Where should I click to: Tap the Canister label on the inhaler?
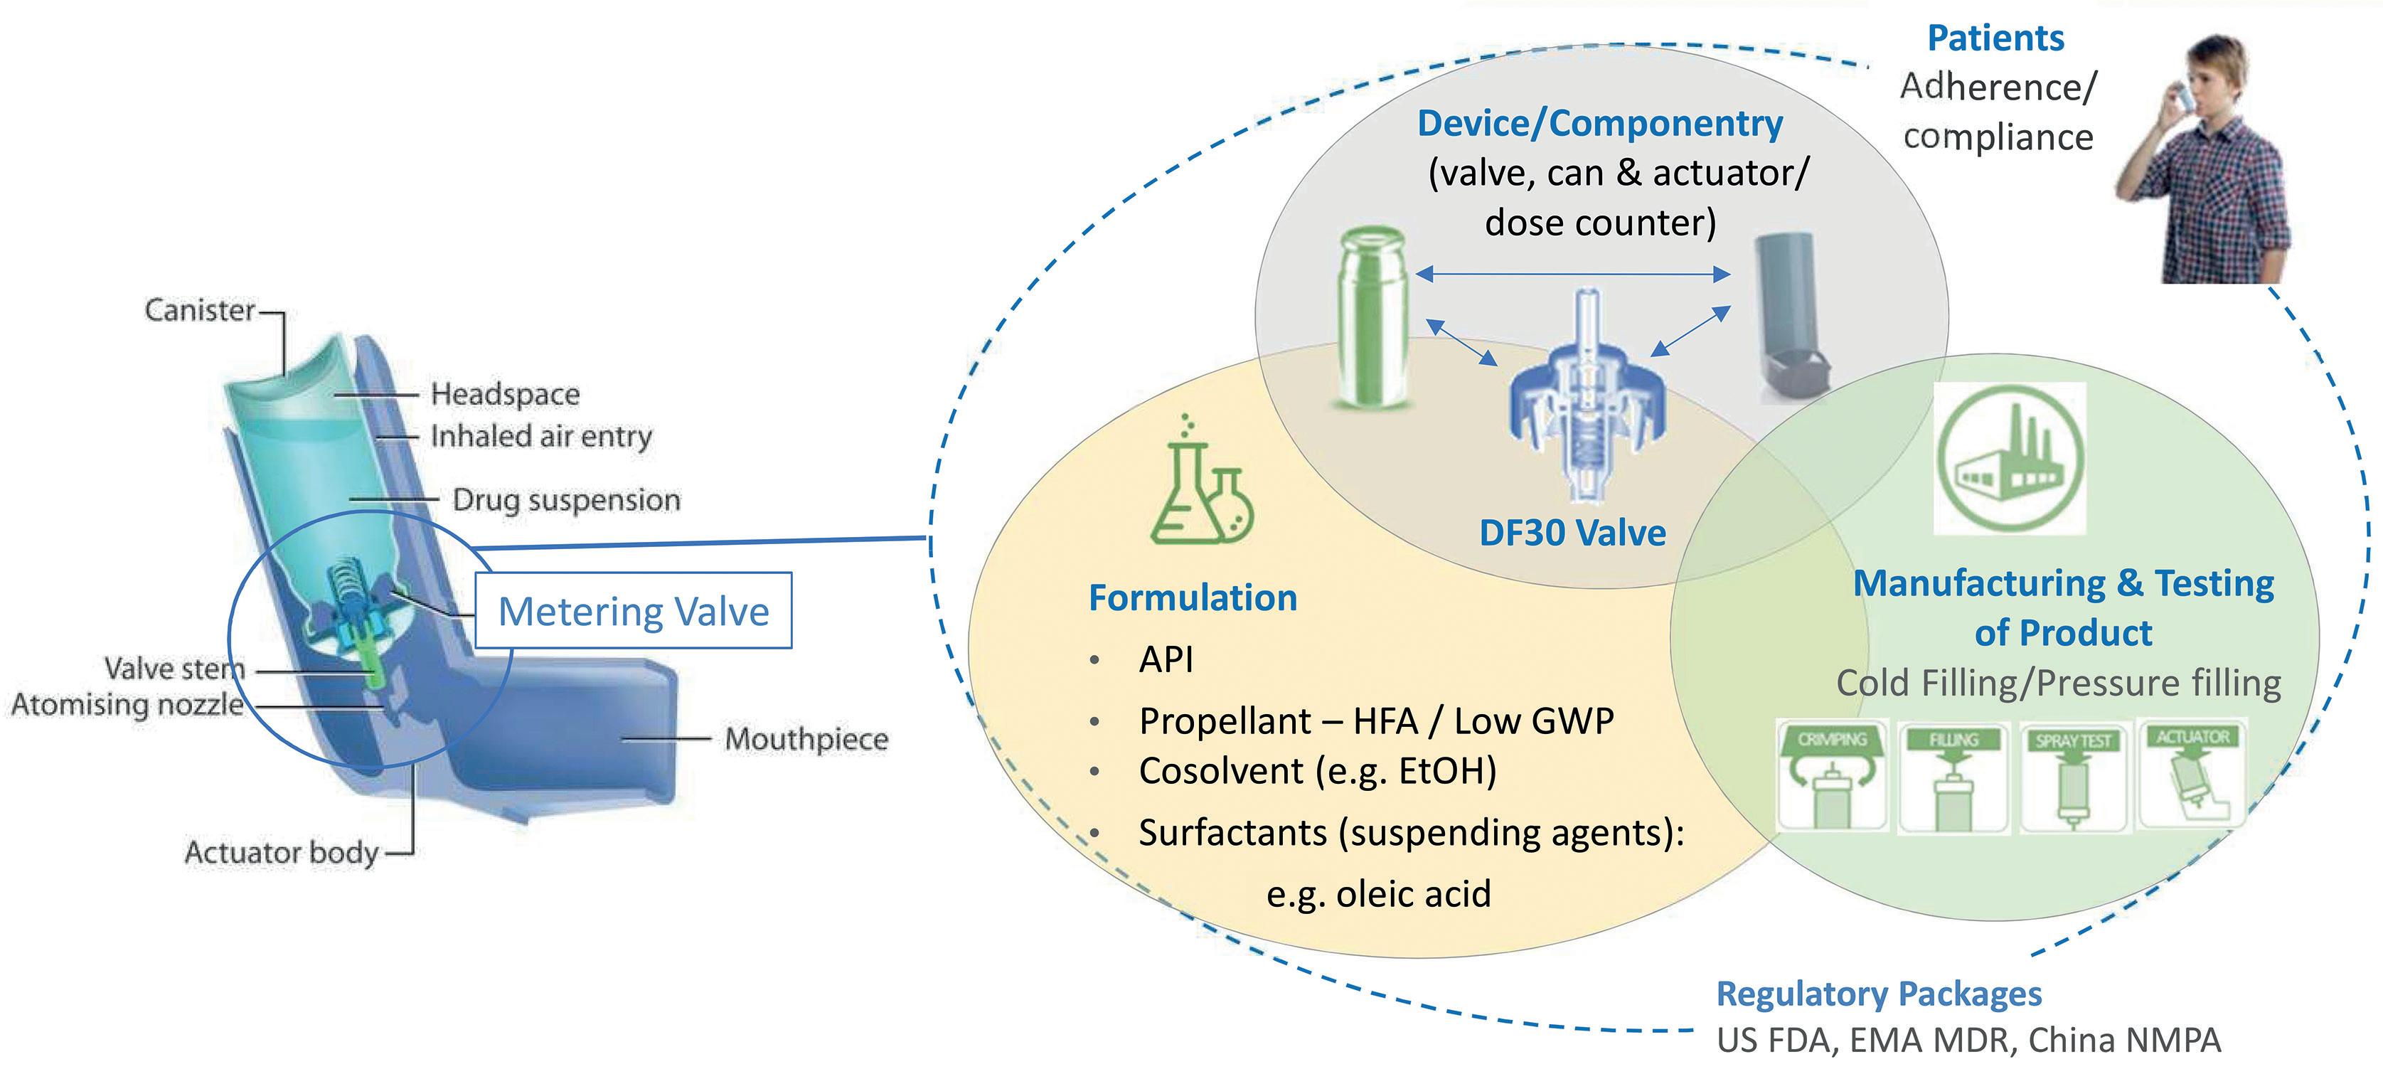pos(200,310)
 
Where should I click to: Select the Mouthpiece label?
pos(806,739)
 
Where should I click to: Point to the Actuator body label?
pos(281,852)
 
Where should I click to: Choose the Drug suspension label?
pos(566,501)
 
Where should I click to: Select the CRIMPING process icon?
pos(1832,776)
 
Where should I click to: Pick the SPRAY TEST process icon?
pos(2074,777)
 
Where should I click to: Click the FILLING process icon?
pos(1953,777)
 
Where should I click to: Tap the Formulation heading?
pos(1193,597)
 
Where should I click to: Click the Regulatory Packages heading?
pos(1879,994)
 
